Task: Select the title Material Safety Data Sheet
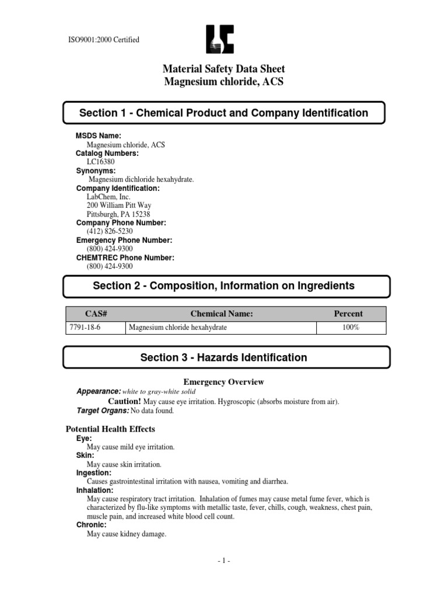click(x=224, y=69)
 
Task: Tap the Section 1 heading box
click(x=224, y=113)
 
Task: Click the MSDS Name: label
click(x=99, y=135)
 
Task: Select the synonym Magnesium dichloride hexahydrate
click(x=141, y=179)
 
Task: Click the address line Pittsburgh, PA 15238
click(x=121, y=214)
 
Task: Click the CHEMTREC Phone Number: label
click(x=125, y=258)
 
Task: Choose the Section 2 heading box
click(x=224, y=286)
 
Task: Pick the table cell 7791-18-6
click(x=85, y=328)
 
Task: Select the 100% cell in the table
click(x=351, y=328)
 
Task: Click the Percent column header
click(x=348, y=314)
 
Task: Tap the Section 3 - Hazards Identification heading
click(x=224, y=357)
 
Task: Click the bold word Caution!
click(x=125, y=402)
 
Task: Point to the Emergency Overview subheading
click(x=224, y=382)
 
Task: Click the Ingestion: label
click(x=93, y=472)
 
